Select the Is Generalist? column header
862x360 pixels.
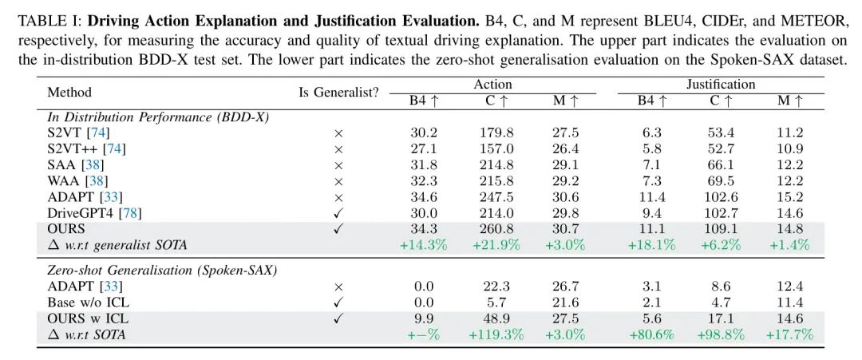point(338,92)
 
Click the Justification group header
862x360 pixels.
point(721,84)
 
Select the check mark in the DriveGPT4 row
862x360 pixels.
point(338,213)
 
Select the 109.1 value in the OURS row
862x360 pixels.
point(721,229)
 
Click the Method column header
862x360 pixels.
point(69,92)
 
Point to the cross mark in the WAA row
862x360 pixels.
point(338,181)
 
